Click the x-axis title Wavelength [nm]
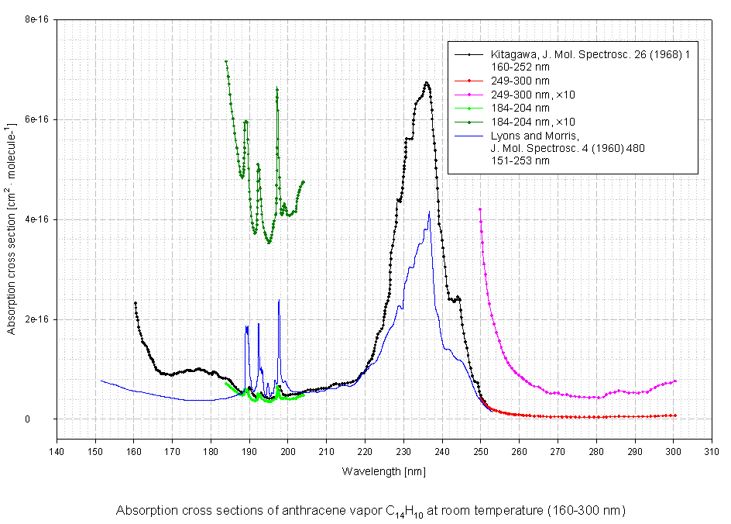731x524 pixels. [383, 471]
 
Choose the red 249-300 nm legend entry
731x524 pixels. [520, 81]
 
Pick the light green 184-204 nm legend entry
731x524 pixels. [520, 109]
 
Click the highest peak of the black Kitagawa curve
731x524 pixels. [427, 82]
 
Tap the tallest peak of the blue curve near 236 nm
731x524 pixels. [429, 212]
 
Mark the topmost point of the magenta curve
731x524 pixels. [480, 209]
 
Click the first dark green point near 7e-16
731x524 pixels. [226, 61]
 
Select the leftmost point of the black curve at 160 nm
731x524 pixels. [135, 303]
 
